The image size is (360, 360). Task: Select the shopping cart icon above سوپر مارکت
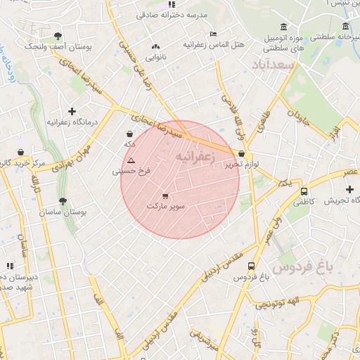[165, 196]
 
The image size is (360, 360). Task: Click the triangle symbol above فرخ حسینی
[131, 160]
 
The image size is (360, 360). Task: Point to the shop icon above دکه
[129, 133]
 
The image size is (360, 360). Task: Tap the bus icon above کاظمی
[304, 191]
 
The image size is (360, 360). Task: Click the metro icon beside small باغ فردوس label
[242, 277]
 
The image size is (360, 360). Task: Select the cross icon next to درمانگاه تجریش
[350, 190]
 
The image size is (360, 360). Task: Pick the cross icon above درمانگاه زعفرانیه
[72, 111]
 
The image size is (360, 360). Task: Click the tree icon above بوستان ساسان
[63, 201]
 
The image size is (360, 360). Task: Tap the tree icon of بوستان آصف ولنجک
[57, 36]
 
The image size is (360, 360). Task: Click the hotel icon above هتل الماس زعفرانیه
[214, 34]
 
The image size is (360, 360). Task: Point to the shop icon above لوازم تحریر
[242, 153]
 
